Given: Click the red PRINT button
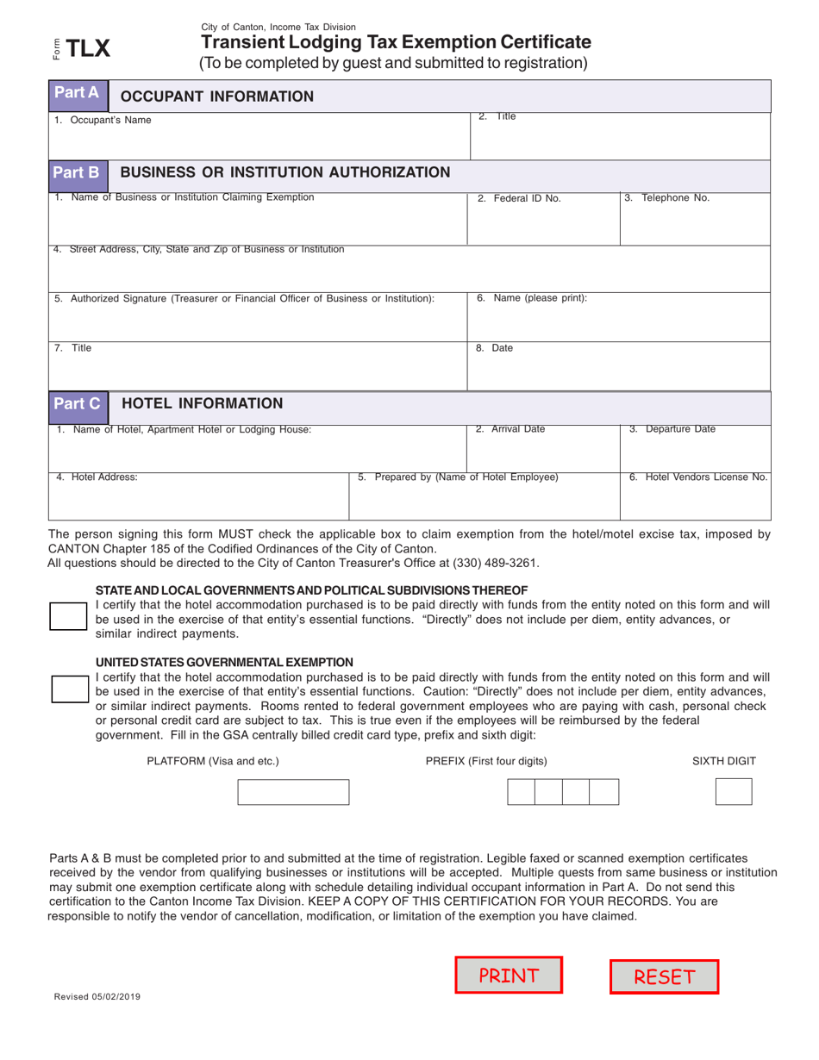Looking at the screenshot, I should tap(509, 976).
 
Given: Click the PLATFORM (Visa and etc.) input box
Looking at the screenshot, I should tap(293, 792).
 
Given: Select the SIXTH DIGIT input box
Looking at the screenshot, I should tap(734, 791).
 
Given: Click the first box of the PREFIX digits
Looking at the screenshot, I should tap(521, 791).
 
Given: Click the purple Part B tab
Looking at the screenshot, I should tap(77, 172).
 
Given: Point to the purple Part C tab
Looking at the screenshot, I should tap(77, 403).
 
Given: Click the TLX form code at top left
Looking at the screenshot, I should tap(89, 48).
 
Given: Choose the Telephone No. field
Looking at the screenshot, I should tap(694, 222).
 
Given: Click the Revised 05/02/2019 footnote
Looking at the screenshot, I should tap(97, 996).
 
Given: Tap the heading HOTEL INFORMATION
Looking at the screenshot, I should tap(202, 403).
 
